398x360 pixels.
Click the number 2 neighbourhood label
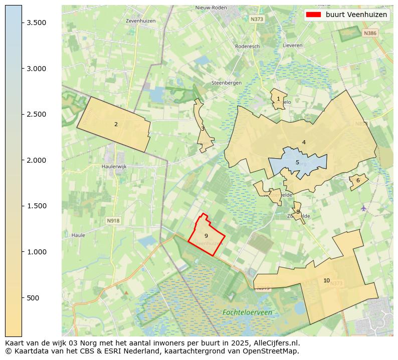coord(116,124)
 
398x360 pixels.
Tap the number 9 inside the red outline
coord(206,235)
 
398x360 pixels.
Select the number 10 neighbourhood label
coord(326,280)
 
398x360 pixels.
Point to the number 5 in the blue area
coord(297,162)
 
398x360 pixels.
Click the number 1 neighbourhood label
coord(278,99)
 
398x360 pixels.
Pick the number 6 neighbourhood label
coord(358,180)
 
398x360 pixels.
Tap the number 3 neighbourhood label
coord(203,129)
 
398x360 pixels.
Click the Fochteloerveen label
coord(247,312)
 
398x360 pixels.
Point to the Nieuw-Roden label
coord(211,8)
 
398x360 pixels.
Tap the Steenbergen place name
coord(226,83)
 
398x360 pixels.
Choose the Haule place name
coord(78,234)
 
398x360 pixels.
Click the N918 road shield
coord(113,220)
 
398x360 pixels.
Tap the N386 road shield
coord(370,33)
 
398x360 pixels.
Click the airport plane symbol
coord(364,208)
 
